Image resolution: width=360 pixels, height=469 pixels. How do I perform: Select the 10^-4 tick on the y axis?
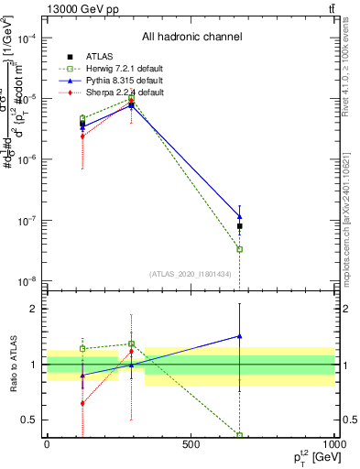[28, 39]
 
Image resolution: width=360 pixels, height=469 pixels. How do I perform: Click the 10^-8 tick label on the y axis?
[28, 280]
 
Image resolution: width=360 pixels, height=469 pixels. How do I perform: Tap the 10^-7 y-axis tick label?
[28, 221]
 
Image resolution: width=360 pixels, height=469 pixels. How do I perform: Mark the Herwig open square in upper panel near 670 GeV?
[239, 249]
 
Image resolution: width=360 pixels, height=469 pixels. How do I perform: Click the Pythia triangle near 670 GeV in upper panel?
[239, 217]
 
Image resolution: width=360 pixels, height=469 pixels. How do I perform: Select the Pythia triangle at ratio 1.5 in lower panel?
[239, 336]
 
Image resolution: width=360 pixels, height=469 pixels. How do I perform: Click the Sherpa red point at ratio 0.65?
[82, 403]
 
